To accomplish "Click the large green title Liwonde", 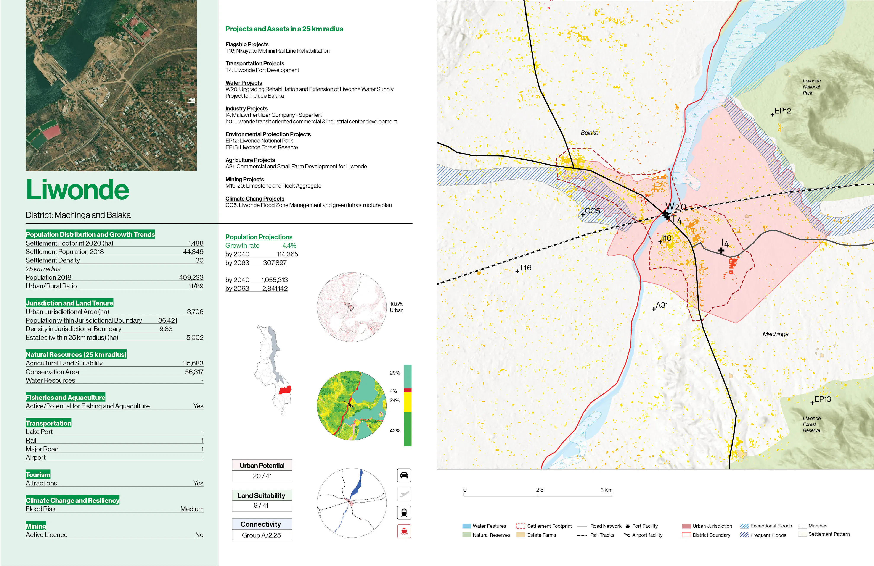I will click(77, 190).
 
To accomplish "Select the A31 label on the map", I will click(662, 306).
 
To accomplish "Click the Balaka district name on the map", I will click(589, 133).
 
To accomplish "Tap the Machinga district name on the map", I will click(775, 334).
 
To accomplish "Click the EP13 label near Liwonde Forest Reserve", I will click(822, 399).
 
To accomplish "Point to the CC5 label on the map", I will click(592, 211).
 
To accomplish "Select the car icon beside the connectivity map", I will click(404, 475).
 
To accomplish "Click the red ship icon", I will click(404, 531).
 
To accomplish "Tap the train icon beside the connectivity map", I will click(404, 512).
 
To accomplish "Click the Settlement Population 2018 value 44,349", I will click(193, 252).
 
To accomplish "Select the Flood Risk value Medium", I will click(192, 509).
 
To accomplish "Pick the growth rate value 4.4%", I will click(289, 246).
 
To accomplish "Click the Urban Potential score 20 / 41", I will click(262, 476).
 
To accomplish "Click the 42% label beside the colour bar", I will click(395, 431).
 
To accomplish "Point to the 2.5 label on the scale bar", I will click(540, 490).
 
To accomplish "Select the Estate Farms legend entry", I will click(541, 535).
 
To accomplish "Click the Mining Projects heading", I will click(245, 179).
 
